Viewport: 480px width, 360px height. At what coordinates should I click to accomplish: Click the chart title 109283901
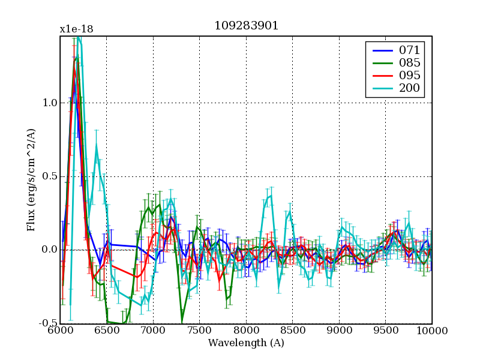pyautogui.click(x=246, y=26)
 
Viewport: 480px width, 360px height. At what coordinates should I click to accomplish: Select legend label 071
pyautogui.click(x=409, y=50)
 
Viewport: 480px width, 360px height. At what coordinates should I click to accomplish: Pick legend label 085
pyautogui.click(x=409, y=62)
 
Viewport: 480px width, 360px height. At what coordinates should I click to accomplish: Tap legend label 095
pyautogui.click(x=409, y=76)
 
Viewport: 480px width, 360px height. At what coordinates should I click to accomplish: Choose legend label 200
pyautogui.click(x=409, y=88)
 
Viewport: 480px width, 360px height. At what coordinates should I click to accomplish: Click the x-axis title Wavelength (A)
pyautogui.click(x=246, y=343)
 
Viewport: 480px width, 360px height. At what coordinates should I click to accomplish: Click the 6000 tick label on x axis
pyautogui.click(x=60, y=331)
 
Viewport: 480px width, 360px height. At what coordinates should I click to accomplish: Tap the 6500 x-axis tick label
pyautogui.click(x=107, y=331)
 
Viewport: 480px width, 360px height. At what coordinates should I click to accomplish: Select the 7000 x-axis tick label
pyautogui.click(x=153, y=331)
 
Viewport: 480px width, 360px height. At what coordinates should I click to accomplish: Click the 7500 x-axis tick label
pyautogui.click(x=200, y=331)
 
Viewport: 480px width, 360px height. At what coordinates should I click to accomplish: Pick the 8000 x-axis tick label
pyautogui.click(x=246, y=331)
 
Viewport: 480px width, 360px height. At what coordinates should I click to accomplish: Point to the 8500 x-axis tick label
pyautogui.click(x=293, y=331)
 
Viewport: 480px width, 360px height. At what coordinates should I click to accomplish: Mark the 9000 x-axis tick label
pyautogui.click(x=339, y=331)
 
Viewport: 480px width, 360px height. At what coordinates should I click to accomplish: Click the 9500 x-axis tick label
pyautogui.click(x=386, y=331)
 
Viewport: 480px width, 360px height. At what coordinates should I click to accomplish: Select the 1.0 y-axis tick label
pyautogui.click(x=49, y=103)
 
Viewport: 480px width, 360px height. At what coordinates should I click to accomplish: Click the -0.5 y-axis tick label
pyautogui.click(x=48, y=323)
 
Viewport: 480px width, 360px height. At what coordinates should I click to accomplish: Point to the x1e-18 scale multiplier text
pyautogui.click(x=76, y=29)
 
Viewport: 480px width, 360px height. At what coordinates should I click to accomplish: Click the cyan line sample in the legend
pyautogui.click(x=381, y=88)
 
